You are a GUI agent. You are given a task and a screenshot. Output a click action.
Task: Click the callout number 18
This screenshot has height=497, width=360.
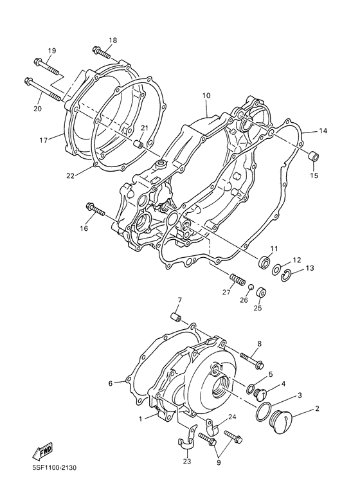113,41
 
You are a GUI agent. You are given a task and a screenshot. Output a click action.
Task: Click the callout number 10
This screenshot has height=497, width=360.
206,96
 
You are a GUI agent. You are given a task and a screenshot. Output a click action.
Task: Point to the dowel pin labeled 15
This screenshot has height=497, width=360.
314,154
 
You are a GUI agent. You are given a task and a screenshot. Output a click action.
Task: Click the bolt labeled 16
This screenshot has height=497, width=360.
97,209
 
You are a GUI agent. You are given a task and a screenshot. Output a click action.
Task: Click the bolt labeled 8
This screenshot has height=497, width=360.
251,358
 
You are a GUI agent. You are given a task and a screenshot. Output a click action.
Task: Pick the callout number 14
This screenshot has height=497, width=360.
323,131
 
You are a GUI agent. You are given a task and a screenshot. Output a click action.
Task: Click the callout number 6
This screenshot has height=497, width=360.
110,383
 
